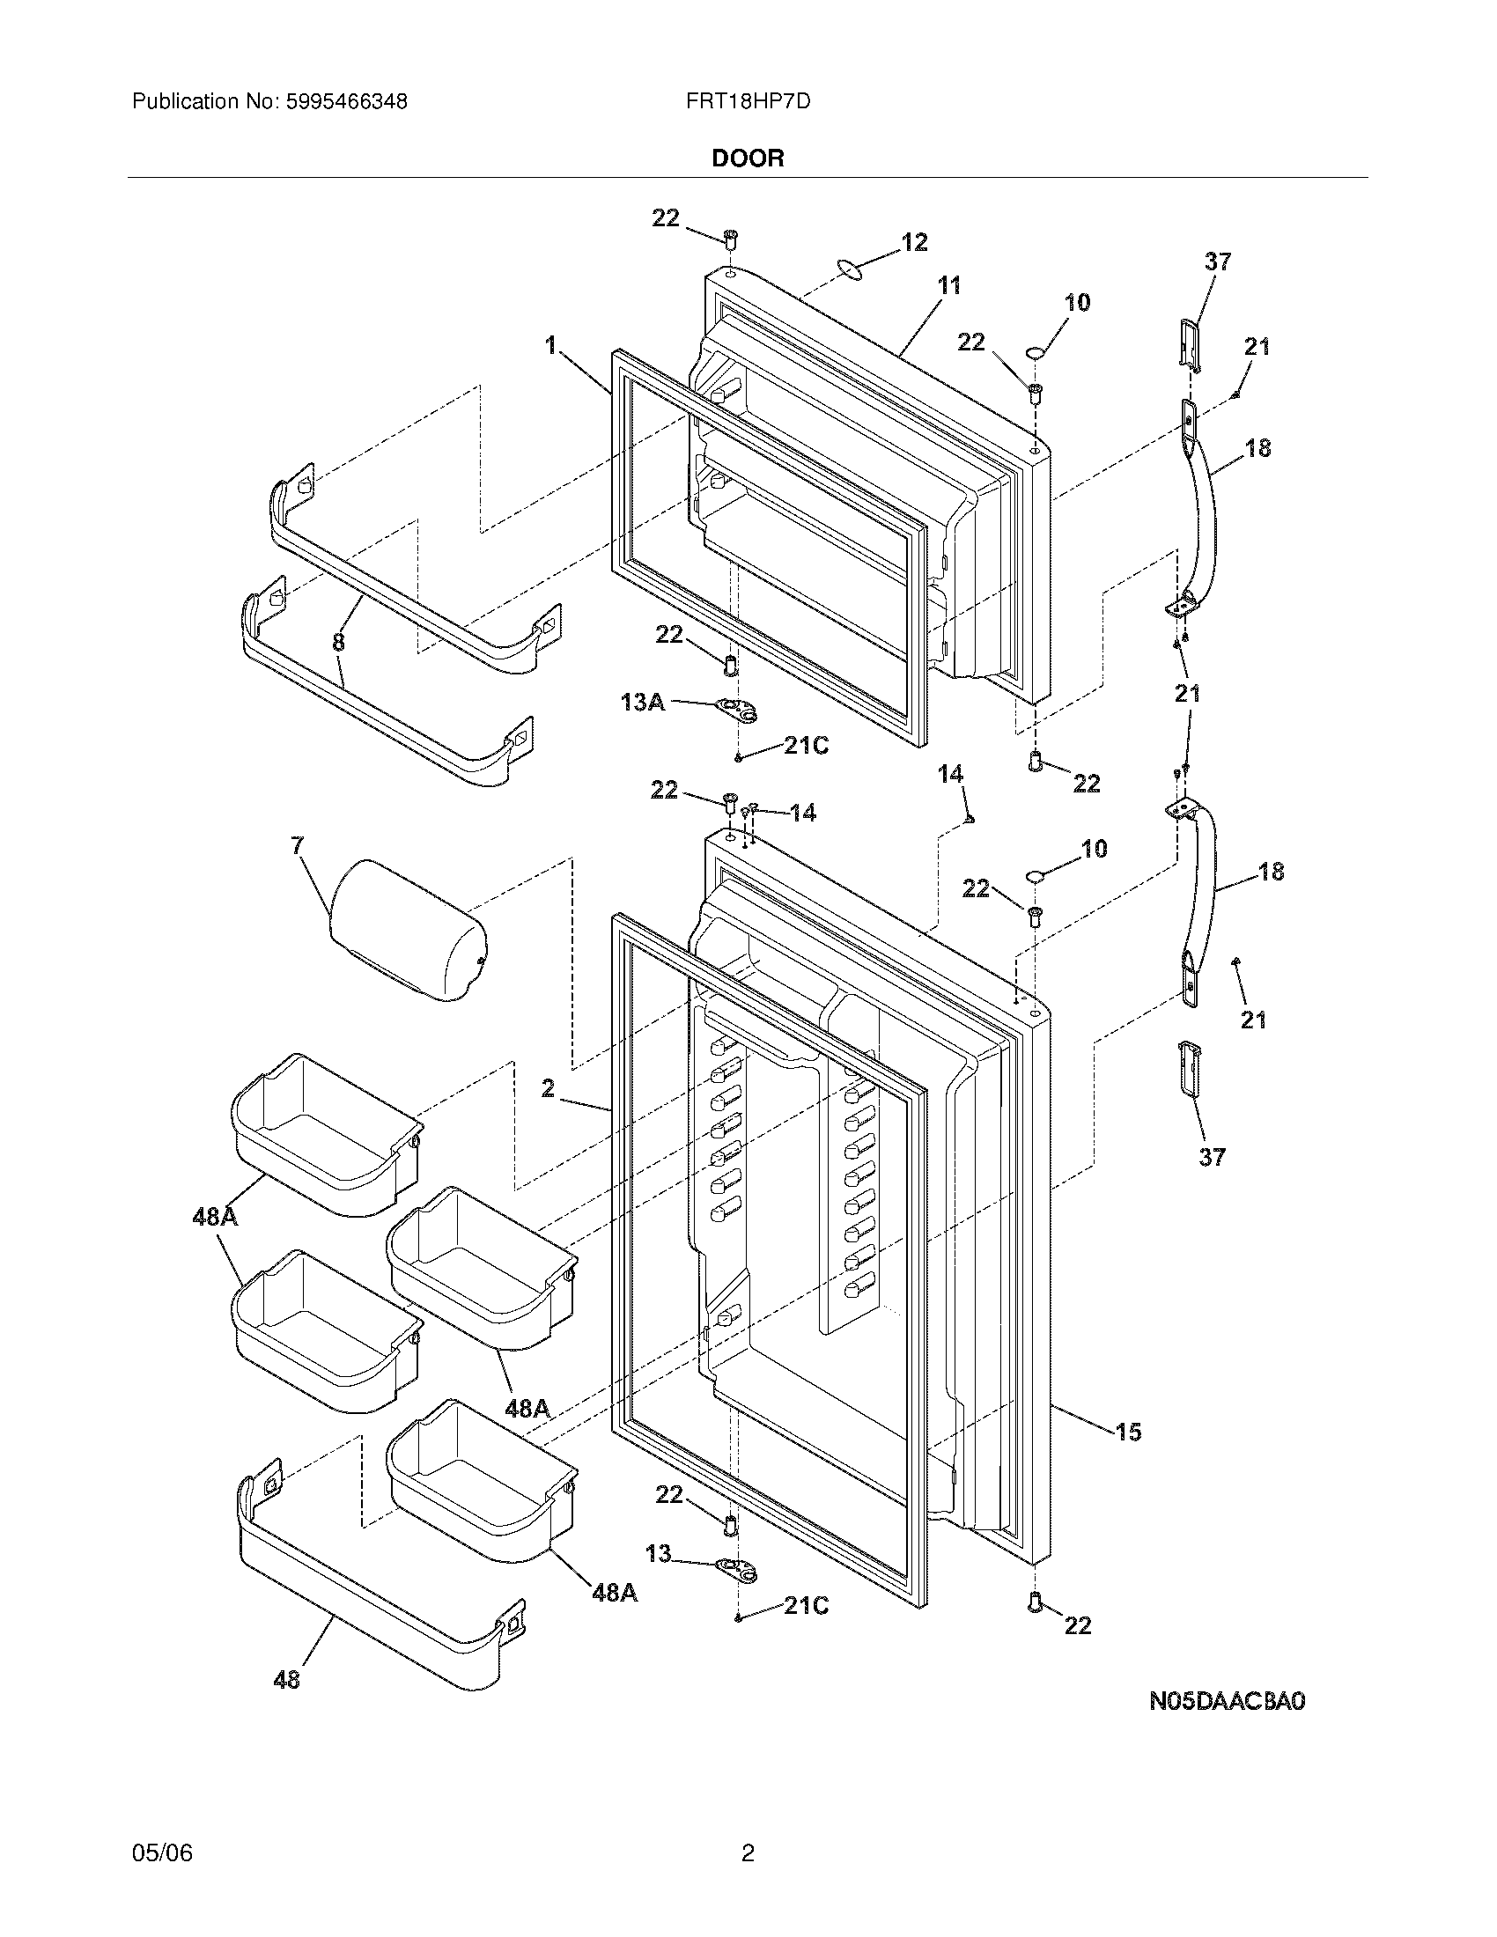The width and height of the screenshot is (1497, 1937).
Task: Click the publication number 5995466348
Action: pyautogui.click(x=346, y=102)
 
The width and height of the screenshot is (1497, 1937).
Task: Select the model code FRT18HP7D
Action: pyautogui.click(x=748, y=102)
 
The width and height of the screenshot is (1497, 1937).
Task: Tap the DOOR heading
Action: pyautogui.click(x=748, y=158)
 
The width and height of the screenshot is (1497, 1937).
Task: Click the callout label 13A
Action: pyautogui.click(x=643, y=703)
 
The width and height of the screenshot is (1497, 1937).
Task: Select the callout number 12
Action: pyautogui.click(x=914, y=242)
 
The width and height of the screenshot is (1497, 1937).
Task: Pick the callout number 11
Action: pyautogui.click(x=949, y=285)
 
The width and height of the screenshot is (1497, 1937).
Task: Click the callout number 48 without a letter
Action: pyautogui.click(x=286, y=1679)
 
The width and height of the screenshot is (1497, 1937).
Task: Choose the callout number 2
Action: pyautogui.click(x=548, y=1087)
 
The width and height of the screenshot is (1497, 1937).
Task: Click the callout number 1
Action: pyautogui.click(x=550, y=345)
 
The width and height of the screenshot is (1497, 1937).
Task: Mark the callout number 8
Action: pyautogui.click(x=338, y=641)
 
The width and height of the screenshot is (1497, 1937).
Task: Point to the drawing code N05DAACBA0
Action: pyautogui.click(x=1228, y=1700)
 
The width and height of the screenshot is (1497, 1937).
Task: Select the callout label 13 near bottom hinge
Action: pyautogui.click(x=658, y=1553)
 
